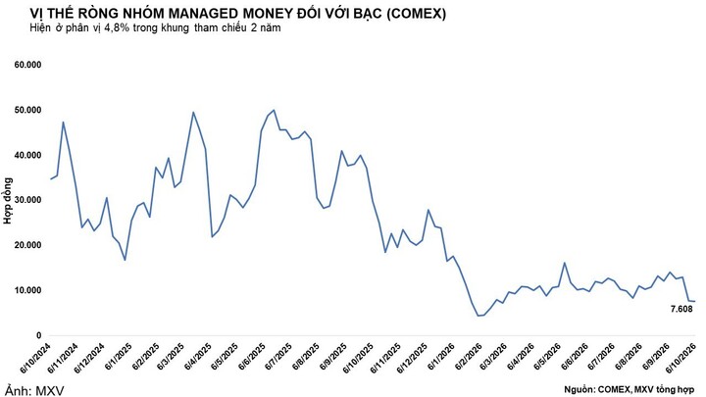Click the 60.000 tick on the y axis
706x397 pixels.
[27, 65]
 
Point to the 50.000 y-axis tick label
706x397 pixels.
[27, 110]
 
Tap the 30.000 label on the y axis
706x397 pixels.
[27, 200]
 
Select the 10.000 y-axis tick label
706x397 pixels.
[27, 290]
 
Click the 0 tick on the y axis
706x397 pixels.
[38, 335]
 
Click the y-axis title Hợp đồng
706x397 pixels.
[8, 201]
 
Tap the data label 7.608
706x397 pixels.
[681, 309]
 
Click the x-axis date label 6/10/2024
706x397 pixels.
[36, 357]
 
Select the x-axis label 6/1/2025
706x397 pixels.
[119, 356]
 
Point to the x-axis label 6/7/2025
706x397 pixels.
[278, 356]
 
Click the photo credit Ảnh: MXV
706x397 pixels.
[34, 390]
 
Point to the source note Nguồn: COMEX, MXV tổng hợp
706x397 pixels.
[629, 389]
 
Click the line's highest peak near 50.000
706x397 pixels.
[274, 110]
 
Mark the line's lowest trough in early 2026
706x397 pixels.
[479, 316]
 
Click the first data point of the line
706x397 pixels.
[50, 179]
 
